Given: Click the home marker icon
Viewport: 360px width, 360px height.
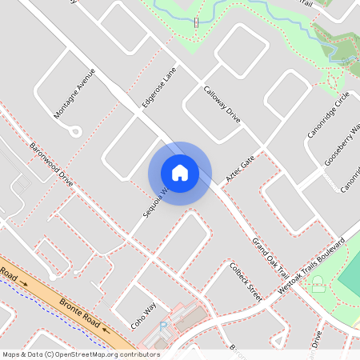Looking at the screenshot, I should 180,172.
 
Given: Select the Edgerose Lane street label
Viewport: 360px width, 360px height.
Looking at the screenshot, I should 158,87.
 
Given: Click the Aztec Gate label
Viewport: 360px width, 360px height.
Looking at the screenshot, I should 239,170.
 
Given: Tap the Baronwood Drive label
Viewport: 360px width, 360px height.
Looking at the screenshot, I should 51,164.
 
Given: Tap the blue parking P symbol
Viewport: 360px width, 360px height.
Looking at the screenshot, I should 164,326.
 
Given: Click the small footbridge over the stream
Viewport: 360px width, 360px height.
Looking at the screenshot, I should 196,22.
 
